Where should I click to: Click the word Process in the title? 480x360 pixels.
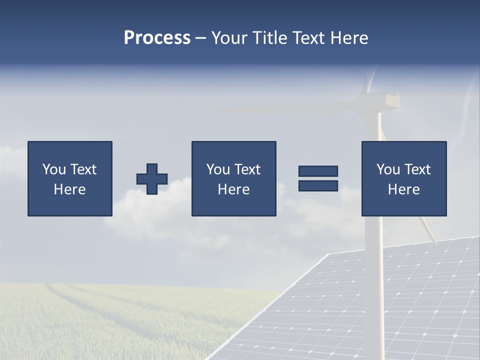(x=157, y=38)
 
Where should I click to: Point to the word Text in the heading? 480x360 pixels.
(x=310, y=38)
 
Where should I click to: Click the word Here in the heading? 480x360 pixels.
(x=349, y=38)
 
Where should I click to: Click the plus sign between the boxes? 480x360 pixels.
(x=152, y=179)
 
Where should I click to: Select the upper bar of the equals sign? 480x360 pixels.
(x=318, y=171)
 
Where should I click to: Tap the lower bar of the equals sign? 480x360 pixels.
(x=318, y=186)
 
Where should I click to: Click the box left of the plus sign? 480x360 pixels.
(x=69, y=178)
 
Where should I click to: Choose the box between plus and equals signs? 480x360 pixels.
(x=233, y=178)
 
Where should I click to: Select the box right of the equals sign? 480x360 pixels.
(x=403, y=178)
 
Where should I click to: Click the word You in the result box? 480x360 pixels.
(x=388, y=169)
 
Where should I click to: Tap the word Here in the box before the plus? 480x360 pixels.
(x=69, y=189)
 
